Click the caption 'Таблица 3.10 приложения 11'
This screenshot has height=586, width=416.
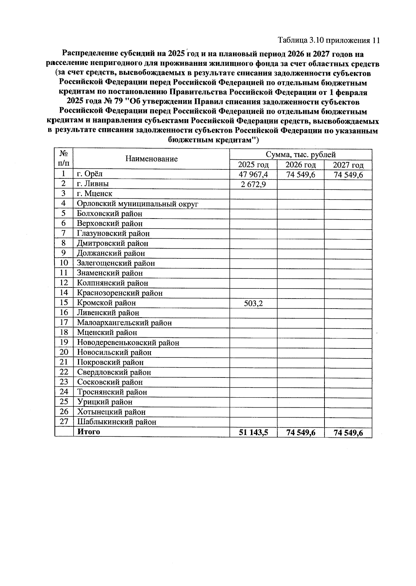coord(329,41)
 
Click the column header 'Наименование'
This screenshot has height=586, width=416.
coord(151,159)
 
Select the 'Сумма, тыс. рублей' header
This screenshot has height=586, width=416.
coord(301,154)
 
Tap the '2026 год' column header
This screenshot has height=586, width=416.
coord(301,165)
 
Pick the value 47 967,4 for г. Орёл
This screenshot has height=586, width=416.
coord(253,175)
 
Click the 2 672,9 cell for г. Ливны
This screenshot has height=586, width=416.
coord(253,184)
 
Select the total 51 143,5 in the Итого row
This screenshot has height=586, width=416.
coord(253,433)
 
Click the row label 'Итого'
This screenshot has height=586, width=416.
coord(88,432)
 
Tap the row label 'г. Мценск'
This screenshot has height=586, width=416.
coord(94,194)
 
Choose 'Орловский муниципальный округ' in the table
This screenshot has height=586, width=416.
coord(137,204)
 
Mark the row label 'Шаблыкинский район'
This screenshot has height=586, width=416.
coord(116,422)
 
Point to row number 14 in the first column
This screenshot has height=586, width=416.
coord(64,293)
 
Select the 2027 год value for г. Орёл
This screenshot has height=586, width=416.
coord(348,175)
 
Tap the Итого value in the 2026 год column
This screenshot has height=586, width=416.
coord(301,433)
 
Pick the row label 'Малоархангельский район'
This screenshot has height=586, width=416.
coord(124,323)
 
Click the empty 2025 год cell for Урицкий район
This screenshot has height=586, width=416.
coord(253,402)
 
